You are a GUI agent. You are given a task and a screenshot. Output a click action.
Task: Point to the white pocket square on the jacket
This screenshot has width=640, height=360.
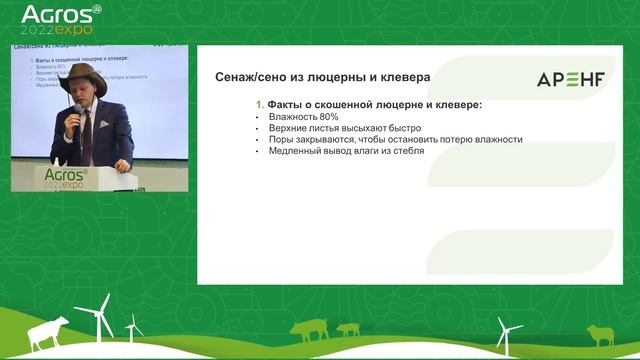tap(101, 126)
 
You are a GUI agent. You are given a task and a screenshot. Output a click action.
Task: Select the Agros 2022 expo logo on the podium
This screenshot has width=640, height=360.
tap(67, 179)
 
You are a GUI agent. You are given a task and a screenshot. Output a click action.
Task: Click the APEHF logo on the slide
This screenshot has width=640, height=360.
tap(571, 80)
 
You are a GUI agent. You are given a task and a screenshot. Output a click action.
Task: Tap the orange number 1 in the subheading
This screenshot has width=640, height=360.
tap(260, 105)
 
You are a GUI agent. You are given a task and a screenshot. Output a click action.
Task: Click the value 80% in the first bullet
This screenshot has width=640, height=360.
tap(324, 117)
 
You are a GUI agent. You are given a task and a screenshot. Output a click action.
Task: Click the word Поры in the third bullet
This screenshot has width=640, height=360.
tap(279, 140)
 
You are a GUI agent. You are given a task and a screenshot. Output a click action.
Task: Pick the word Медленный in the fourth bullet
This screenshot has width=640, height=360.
tap(292, 151)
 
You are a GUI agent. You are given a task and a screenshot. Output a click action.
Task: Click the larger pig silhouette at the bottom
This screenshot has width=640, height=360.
tap(309, 331)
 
